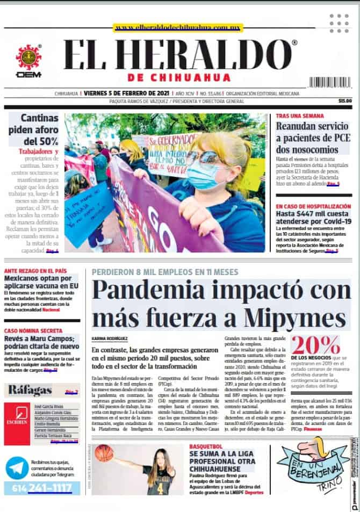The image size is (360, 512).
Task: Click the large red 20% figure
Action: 315,344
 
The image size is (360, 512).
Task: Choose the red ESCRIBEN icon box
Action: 17,423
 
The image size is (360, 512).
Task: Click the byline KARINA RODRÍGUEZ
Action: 111,338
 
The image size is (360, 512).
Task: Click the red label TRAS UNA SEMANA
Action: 300,116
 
